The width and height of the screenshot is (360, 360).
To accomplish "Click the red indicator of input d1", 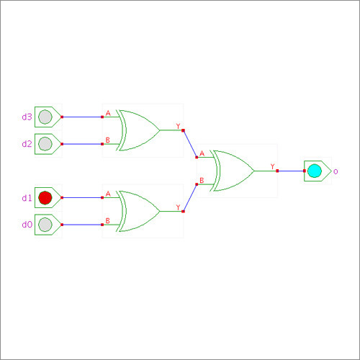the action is tap(45, 198).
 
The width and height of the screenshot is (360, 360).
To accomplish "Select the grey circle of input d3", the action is tap(45, 117).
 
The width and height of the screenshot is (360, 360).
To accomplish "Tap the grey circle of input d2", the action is tap(45, 144).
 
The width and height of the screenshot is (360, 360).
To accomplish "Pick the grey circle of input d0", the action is tap(45, 225).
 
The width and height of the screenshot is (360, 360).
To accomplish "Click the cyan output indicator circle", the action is tap(315, 171).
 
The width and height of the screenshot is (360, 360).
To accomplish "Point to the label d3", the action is tap(27, 117).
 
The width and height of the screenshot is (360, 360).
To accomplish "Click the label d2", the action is tap(27, 144).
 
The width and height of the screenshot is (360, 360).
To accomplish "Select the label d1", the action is tap(27, 198).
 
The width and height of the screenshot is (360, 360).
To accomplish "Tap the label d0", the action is tap(27, 225).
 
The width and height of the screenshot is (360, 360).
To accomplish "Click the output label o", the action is tap(336, 171).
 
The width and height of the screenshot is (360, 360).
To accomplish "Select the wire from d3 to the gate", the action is tap(82, 117).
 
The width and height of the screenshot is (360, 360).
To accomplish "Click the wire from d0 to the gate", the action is tap(82, 225).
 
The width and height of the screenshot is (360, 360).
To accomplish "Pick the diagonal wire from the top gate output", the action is tap(190, 144).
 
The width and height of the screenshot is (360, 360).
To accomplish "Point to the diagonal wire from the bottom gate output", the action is tap(190, 198).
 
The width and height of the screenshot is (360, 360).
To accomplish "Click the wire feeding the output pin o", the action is tap(291, 171).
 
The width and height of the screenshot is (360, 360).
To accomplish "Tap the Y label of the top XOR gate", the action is tap(178, 126).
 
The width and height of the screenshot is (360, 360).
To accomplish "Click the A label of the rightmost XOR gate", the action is tap(202, 153).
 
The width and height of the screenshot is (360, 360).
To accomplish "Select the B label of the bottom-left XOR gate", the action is tap(108, 221).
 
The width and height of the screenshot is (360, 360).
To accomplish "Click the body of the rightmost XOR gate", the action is tap(232, 171).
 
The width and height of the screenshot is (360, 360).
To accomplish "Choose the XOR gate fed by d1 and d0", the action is tap(138, 211).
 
